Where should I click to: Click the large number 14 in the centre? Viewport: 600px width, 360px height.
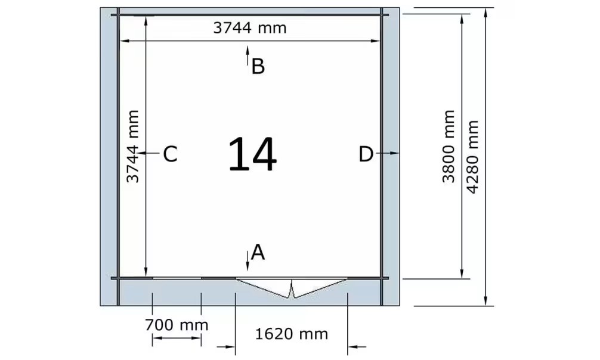click(252, 154)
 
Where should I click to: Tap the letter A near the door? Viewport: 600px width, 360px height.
click(258, 253)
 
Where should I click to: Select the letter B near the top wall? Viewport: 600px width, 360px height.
click(258, 66)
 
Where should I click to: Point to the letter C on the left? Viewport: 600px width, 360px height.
click(170, 154)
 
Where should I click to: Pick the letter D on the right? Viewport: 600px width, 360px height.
click(366, 154)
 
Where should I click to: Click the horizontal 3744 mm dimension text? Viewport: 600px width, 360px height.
click(249, 28)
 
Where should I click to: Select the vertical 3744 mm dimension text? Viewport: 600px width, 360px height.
click(133, 147)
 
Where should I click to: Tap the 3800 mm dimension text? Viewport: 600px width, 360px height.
click(449, 147)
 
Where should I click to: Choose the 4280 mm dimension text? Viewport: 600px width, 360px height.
click(473, 157)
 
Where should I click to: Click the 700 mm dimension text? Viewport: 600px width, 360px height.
click(177, 325)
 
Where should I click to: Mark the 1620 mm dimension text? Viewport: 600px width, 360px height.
click(292, 334)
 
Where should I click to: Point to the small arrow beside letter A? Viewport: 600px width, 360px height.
click(248, 261)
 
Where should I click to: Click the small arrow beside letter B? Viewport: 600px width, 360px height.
click(248, 55)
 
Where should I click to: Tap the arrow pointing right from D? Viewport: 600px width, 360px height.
click(388, 153)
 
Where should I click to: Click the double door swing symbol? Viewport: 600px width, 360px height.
click(292, 288)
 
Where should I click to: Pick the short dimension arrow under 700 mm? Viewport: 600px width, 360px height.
click(177, 338)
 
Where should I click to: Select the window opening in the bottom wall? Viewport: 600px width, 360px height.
click(177, 278)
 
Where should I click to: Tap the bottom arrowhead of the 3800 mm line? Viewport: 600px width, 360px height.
click(462, 274)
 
